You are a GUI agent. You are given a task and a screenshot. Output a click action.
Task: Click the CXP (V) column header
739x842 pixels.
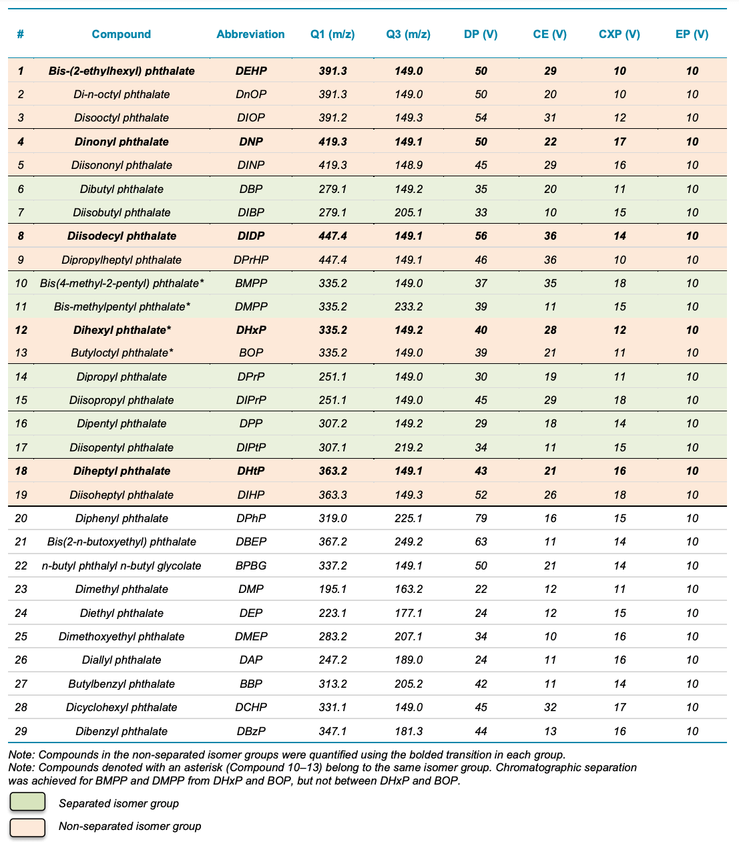pyautogui.click(x=619, y=34)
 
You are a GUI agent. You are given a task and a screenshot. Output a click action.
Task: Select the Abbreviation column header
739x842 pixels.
pyautogui.click(x=250, y=34)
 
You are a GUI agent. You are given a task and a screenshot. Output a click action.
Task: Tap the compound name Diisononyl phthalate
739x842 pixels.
pyautogui.click(x=121, y=165)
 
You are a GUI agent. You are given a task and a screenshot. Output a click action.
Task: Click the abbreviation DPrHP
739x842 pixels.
pyautogui.click(x=250, y=260)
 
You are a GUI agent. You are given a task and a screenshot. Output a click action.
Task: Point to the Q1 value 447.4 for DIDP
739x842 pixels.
pyautogui.click(x=332, y=236)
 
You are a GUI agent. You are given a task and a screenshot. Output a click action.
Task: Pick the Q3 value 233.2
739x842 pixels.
pyautogui.click(x=409, y=306)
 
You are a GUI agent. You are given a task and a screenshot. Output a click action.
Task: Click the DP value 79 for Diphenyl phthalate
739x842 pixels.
pyautogui.click(x=481, y=518)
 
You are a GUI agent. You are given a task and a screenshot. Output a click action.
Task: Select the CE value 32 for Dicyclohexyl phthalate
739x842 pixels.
pyautogui.click(x=550, y=707)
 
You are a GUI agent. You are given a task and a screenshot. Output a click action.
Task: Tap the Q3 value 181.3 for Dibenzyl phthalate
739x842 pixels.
pyautogui.click(x=409, y=731)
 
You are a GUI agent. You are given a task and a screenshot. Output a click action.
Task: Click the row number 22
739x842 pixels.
pyautogui.click(x=21, y=566)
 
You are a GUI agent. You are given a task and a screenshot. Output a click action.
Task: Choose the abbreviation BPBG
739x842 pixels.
pyautogui.click(x=250, y=566)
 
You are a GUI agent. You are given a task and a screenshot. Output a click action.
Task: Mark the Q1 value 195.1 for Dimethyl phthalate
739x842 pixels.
pyautogui.click(x=332, y=589)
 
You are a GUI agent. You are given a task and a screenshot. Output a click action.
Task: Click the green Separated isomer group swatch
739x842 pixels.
pyautogui.click(x=27, y=802)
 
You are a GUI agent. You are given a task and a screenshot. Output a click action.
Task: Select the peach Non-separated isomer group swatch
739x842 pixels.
pyautogui.click(x=27, y=827)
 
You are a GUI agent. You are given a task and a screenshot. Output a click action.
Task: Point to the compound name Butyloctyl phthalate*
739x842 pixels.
pyautogui.click(x=121, y=353)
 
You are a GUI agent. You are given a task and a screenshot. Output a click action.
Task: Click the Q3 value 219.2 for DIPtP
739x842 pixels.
pyautogui.click(x=409, y=447)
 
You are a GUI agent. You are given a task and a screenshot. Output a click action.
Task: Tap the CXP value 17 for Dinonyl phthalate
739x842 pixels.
pyautogui.click(x=620, y=142)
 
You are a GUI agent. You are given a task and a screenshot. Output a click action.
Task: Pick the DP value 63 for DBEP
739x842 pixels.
pyautogui.click(x=481, y=542)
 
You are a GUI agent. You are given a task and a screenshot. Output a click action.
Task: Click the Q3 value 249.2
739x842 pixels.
pyautogui.click(x=409, y=542)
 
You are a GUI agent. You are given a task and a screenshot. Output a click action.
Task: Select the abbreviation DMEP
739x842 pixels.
pyautogui.click(x=250, y=636)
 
